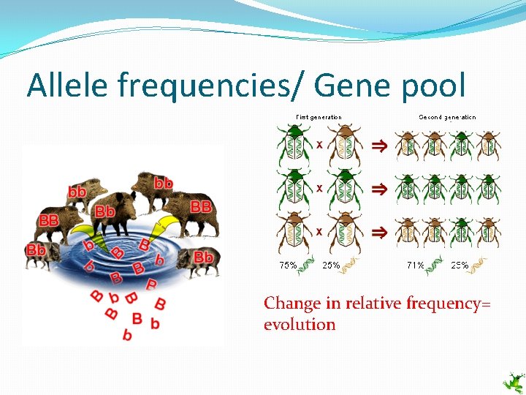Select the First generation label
[x=319, y=117]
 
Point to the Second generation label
[x=447, y=117]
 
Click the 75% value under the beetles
[x=287, y=266]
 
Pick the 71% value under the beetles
[x=415, y=266]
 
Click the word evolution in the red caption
[x=300, y=324]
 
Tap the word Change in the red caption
[x=292, y=303]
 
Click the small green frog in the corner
[x=514, y=382]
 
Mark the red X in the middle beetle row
[x=319, y=188]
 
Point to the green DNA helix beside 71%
[x=435, y=264]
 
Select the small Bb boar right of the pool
[x=197, y=260]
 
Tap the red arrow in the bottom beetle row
[x=378, y=232]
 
